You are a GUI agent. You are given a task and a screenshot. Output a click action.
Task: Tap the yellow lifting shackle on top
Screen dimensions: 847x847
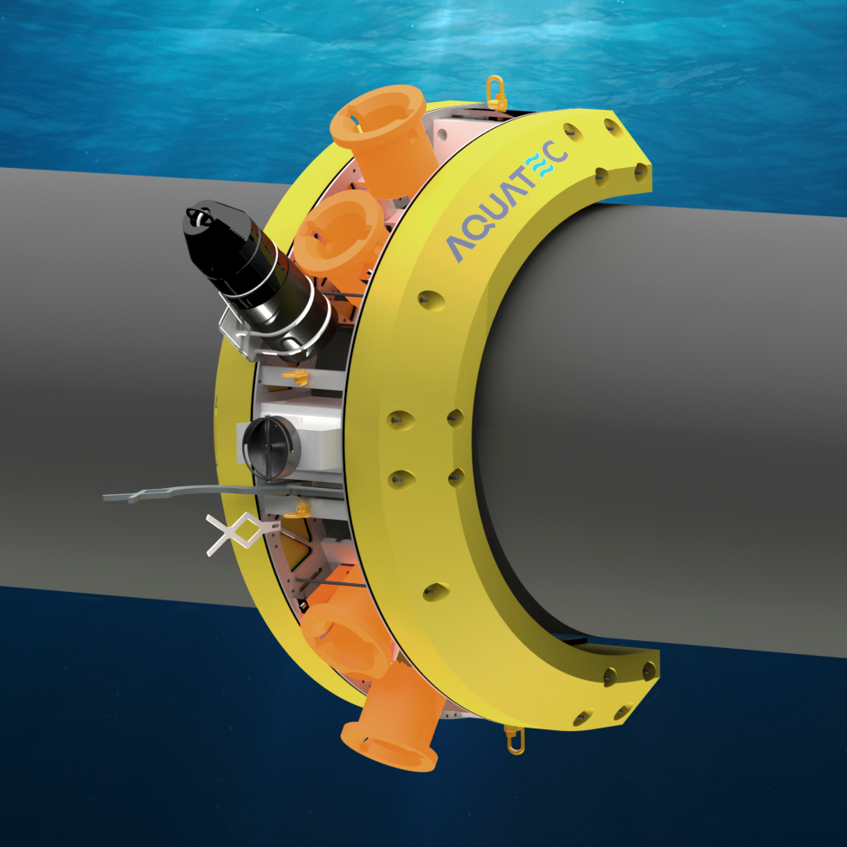497,89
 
